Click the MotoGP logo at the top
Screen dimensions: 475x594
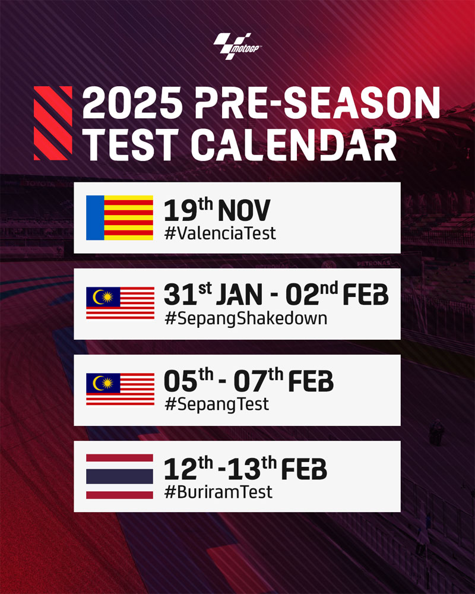[x=237, y=46]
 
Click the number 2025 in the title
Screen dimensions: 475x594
[x=132, y=103]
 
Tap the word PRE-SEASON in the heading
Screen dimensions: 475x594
[x=318, y=103]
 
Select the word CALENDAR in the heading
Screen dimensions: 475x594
[x=294, y=144]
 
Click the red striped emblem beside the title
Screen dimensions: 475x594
[x=53, y=123]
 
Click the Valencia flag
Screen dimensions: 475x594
[x=120, y=218]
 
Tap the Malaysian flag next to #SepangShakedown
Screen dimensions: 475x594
[x=120, y=303]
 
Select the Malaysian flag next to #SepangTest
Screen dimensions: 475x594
[x=120, y=389]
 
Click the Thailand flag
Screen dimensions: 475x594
[x=120, y=476]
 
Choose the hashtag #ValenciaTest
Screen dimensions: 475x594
[x=220, y=233]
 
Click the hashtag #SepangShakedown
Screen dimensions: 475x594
[x=246, y=318]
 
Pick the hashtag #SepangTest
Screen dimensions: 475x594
[x=217, y=405]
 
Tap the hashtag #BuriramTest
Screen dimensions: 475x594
[x=218, y=492]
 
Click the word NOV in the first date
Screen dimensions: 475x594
[x=244, y=211]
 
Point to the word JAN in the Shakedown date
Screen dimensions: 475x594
[x=239, y=295]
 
